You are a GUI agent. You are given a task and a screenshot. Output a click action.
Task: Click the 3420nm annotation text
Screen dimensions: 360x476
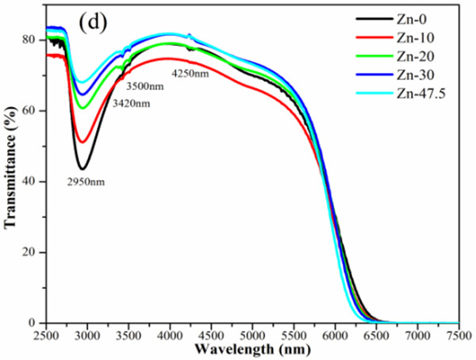click(x=131, y=104)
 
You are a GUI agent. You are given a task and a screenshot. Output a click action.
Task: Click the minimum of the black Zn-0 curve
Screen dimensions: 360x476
click(x=82, y=168)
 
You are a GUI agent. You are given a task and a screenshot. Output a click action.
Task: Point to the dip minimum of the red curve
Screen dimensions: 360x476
click(x=83, y=142)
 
